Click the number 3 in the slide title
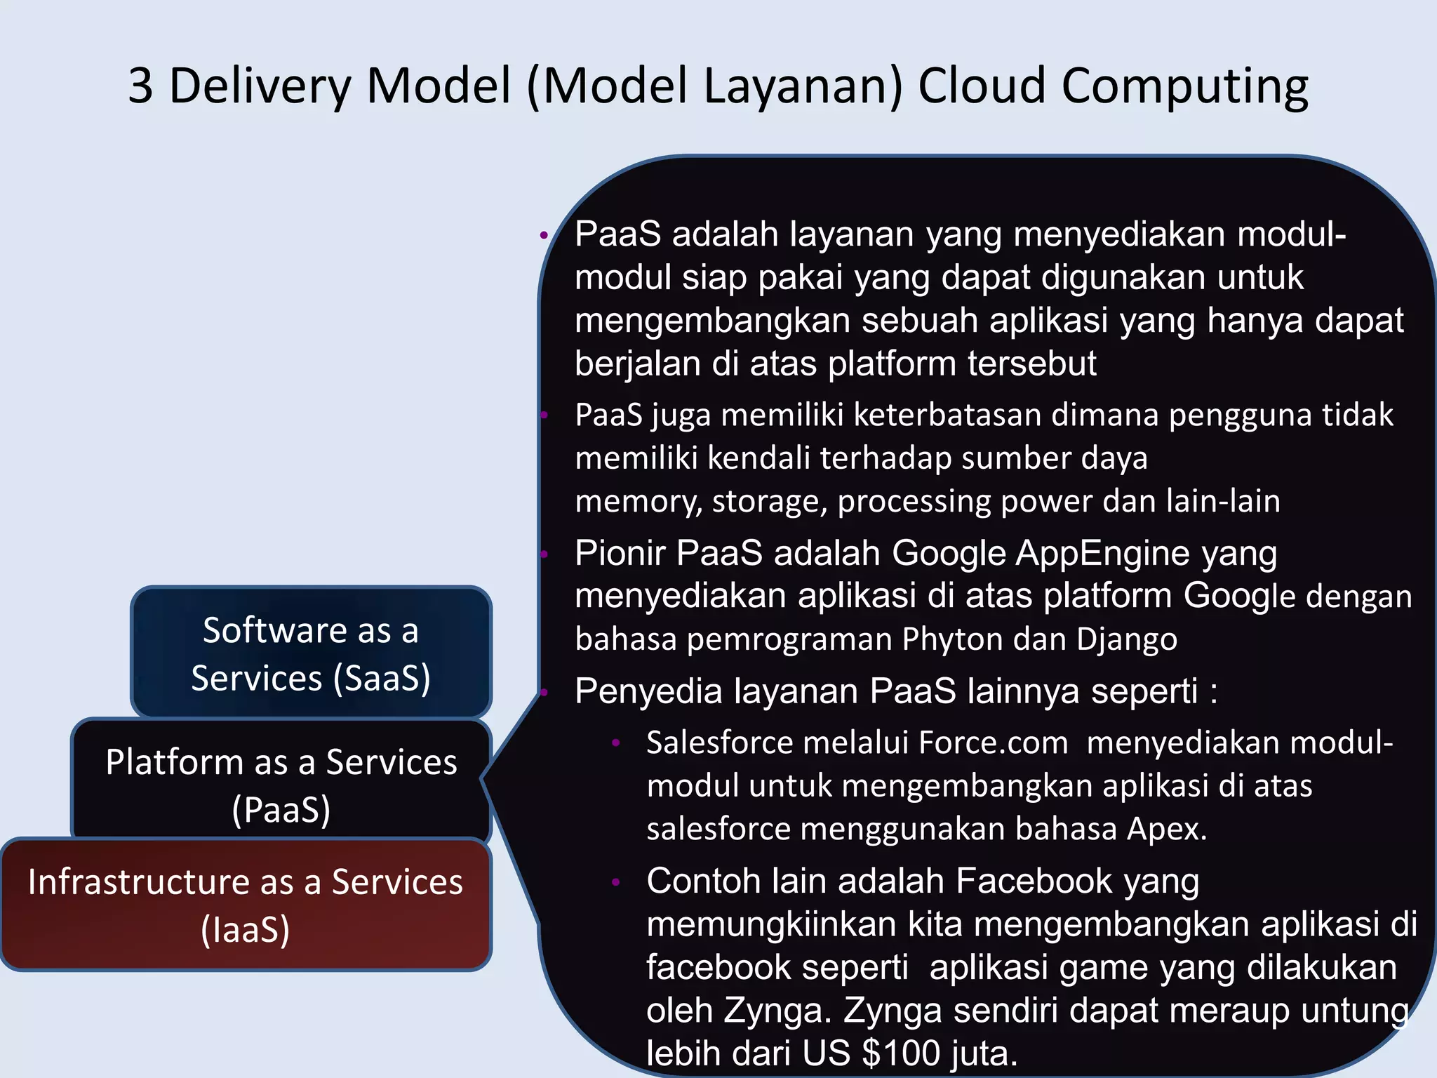140,86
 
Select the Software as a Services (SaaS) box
311,653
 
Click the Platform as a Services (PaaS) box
281,783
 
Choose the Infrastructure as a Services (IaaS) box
245,905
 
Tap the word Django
1126,639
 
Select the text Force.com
993,743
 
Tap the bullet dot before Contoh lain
615,882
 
